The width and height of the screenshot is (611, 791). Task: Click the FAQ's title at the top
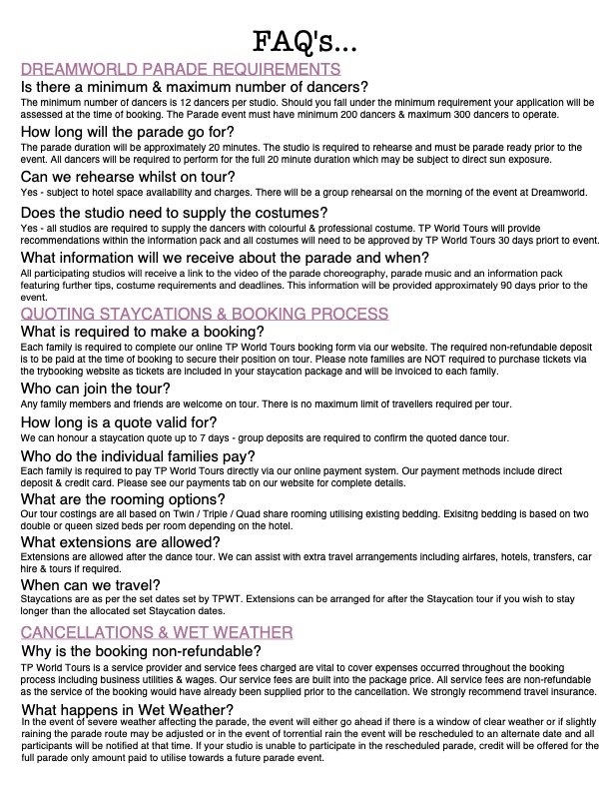tap(305, 42)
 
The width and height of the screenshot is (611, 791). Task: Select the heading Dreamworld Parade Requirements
tap(181, 70)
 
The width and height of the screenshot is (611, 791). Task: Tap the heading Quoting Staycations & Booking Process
tap(205, 314)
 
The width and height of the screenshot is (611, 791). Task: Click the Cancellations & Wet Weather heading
tap(157, 633)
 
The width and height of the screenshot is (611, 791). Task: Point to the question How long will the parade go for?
tap(129, 132)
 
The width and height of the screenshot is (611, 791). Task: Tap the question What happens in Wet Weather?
tap(127, 709)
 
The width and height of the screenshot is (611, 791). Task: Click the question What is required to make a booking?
tap(142, 332)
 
